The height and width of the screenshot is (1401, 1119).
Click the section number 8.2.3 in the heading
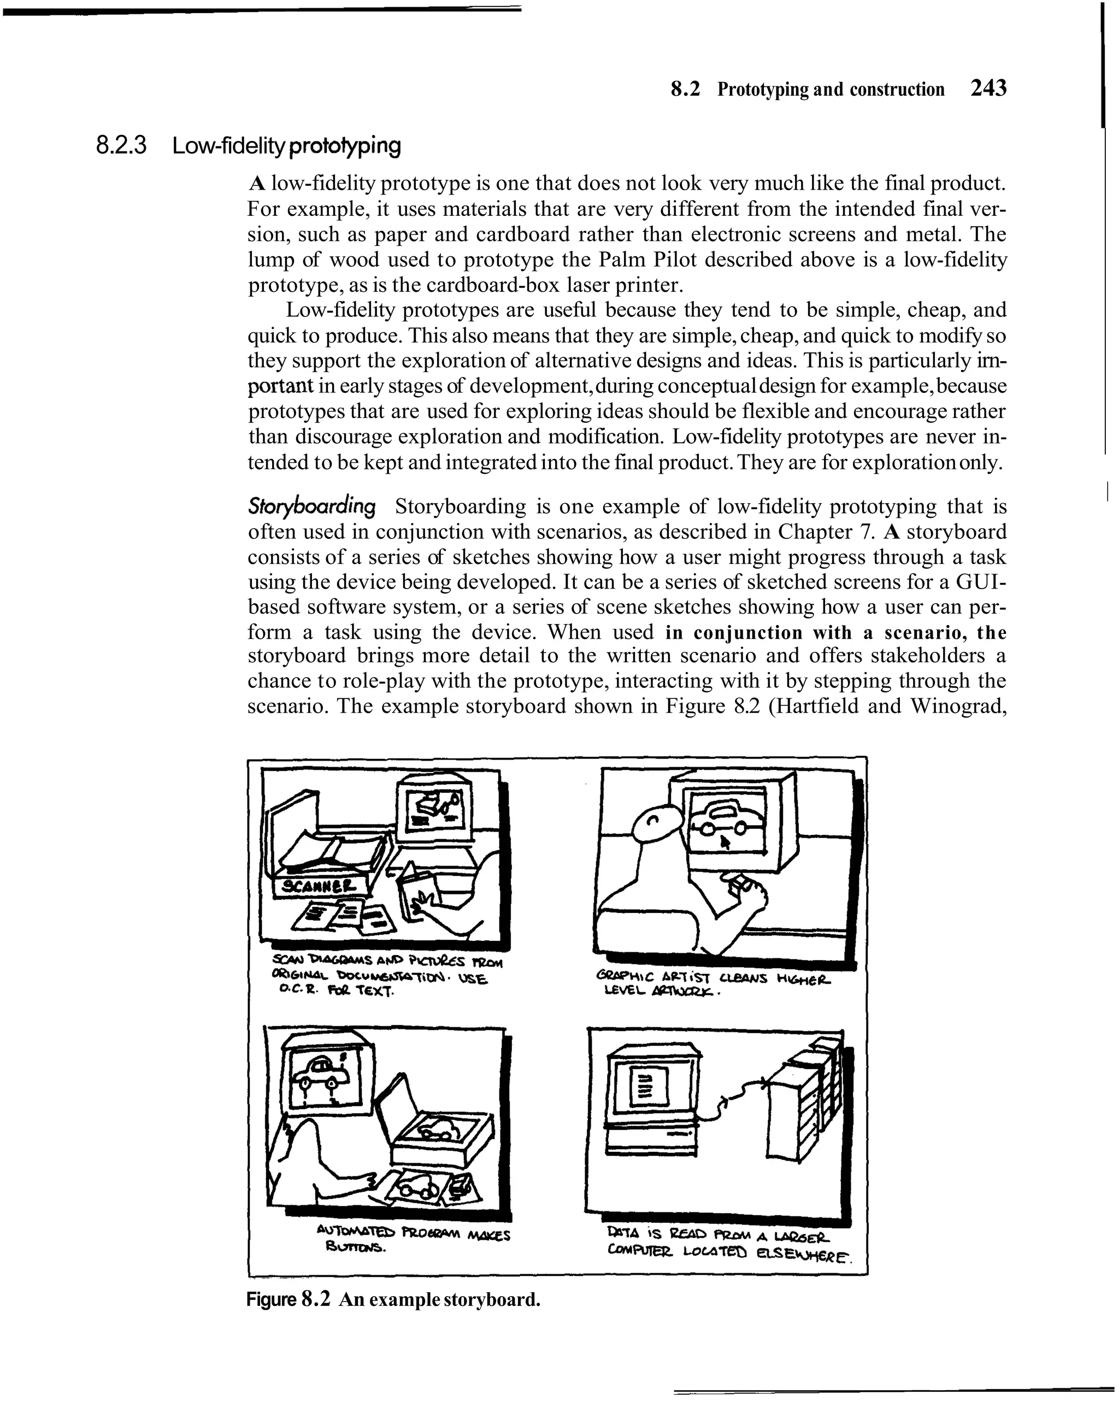coord(121,145)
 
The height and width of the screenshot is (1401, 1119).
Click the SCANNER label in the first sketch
coord(315,886)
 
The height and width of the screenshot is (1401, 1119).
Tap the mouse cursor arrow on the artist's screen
coord(726,843)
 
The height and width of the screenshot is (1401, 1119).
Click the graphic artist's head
coord(658,827)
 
